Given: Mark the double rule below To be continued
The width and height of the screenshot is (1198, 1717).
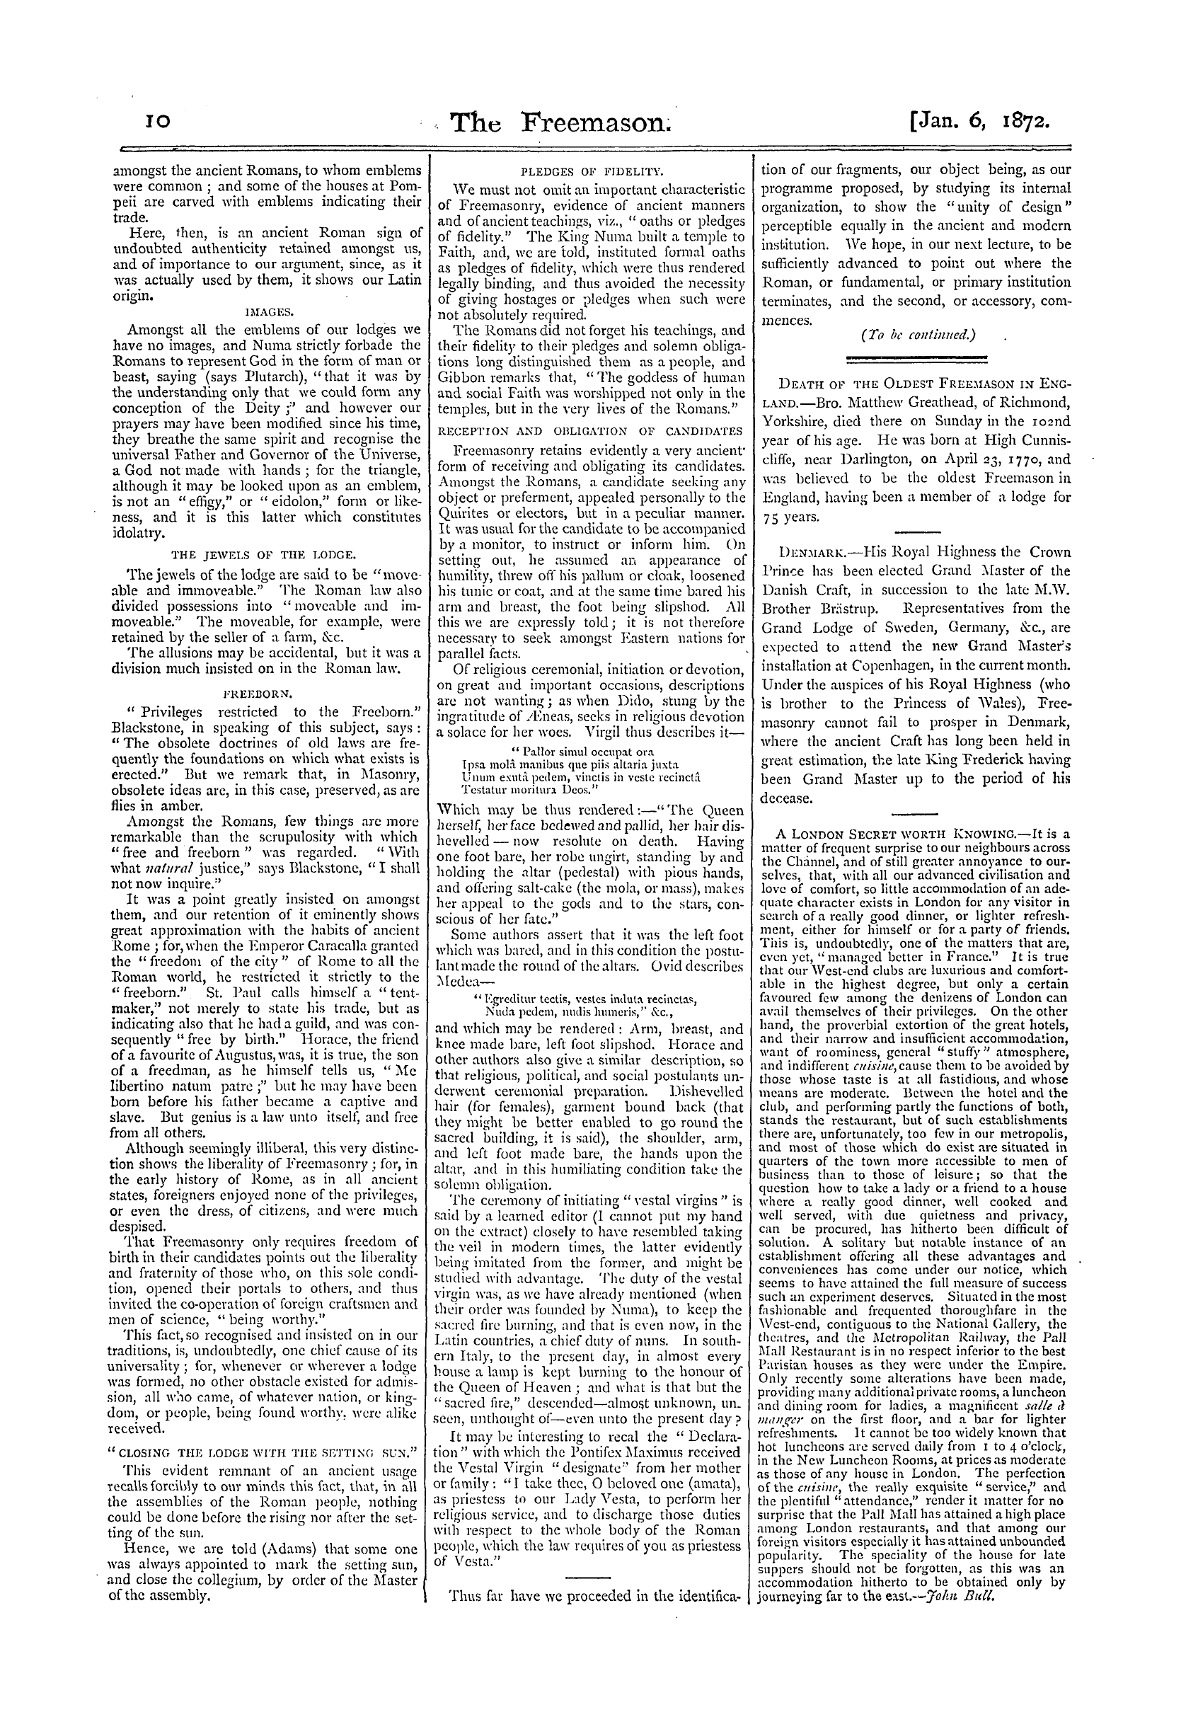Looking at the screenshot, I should point(916,360).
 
